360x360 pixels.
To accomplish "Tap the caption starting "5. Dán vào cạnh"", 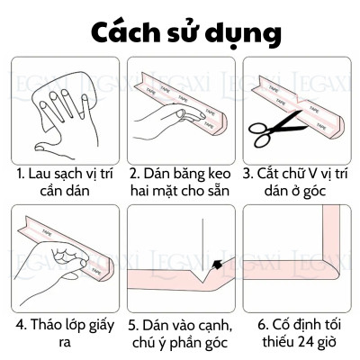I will (180, 334).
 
